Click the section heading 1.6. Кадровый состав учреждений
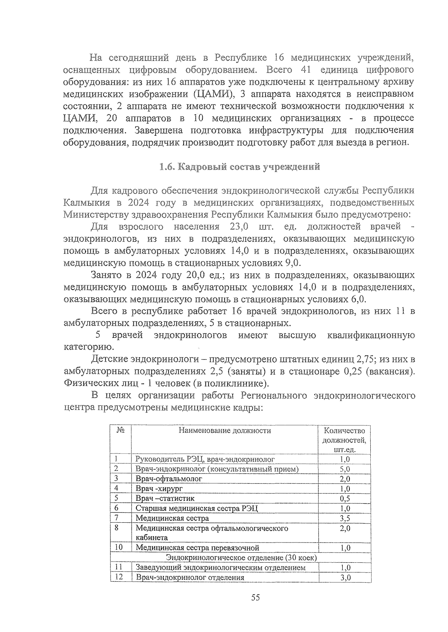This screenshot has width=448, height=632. (x=239, y=167)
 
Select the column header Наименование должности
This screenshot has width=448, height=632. (x=224, y=431)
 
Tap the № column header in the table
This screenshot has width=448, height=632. (x=121, y=430)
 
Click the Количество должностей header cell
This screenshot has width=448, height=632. (x=344, y=440)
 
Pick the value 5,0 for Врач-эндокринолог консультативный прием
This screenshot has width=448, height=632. (x=345, y=469)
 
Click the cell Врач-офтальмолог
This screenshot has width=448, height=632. (x=169, y=479)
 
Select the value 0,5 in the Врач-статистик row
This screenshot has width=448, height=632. (x=345, y=499)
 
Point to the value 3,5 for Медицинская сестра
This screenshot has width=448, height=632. (x=345, y=518)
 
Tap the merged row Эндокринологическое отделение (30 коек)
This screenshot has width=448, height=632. (x=241, y=558)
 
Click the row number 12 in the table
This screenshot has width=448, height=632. (x=118, y=577)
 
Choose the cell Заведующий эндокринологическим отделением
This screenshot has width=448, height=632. (x=220, y=567)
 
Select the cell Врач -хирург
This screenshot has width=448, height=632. (x=159, y=488)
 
